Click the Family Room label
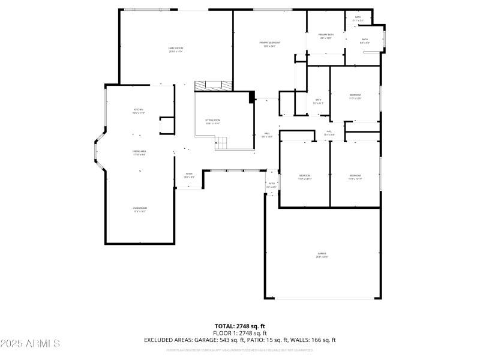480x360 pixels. pos(175,50)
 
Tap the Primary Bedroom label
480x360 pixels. pos(269,44)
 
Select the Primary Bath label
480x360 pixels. pos(326,37)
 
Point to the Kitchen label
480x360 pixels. pos(139,111)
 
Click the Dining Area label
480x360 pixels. pos(139,153)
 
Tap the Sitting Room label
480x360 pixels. pos(213,122)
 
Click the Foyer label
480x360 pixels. pos(188,176)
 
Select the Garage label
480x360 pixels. pos(322,256)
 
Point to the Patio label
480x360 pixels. pos(271,185)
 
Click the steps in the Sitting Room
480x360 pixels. pos(222,143)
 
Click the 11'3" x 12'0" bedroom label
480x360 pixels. pos(355,97)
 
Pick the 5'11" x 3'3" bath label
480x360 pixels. pos(358,19)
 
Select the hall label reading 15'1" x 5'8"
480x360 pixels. pos(329,133)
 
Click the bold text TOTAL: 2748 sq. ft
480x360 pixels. pos(239,326)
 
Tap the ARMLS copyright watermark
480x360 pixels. pos(30,344)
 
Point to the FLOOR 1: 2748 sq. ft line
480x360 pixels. pos(239,333)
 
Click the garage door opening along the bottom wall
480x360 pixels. pos(322,298)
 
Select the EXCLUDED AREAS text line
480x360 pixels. pos(239,340)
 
